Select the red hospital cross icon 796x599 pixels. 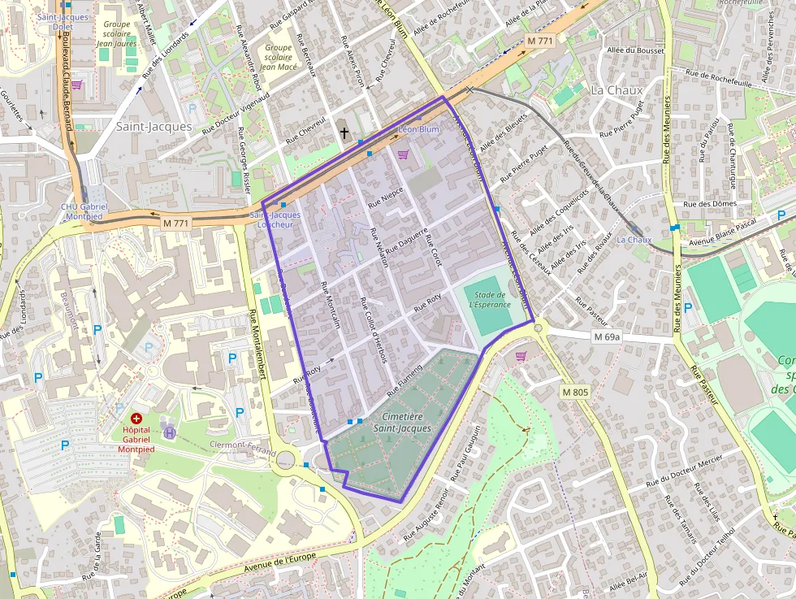(136, 418)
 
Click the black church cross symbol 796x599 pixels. (344, 132)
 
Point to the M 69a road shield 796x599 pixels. (606, 336)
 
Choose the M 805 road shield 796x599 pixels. (574, 392)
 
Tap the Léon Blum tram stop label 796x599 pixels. (419, 129)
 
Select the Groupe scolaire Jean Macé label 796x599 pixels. (278, 57)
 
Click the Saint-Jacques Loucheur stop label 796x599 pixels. (275, 219)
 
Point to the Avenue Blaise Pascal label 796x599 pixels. (723, 225)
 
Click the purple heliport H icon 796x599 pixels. (170, 432)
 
